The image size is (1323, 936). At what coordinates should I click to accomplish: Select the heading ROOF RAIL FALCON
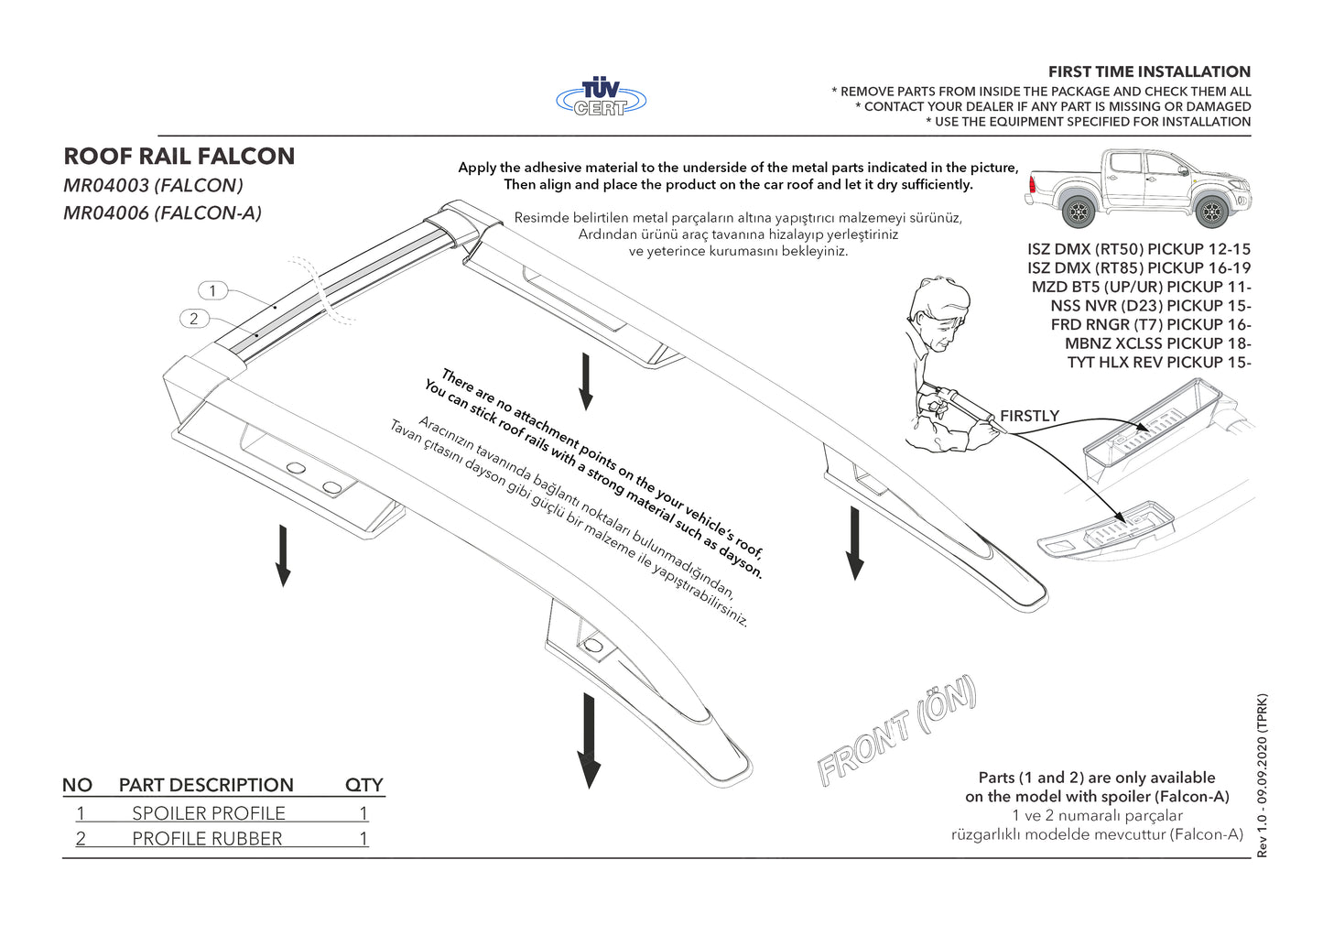coord(179,157)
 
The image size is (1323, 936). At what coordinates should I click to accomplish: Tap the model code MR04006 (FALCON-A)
coord(162,213)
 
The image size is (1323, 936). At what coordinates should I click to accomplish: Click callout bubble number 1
coord(212,291)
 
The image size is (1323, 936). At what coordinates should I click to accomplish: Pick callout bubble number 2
coord(193,319)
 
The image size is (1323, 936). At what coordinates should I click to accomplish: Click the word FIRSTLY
coord(1029,416)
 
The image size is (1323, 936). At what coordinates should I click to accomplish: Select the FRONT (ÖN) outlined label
coord(897,732)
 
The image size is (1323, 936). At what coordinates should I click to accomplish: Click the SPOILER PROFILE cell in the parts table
coord(209,813)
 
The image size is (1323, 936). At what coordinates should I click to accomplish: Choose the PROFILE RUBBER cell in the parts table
coord(207,839)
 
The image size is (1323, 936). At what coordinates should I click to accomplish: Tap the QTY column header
coord(363,785)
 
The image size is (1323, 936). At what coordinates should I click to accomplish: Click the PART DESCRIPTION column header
coord(206,785)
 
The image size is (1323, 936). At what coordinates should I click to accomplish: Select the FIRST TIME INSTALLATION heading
coord(1149,71)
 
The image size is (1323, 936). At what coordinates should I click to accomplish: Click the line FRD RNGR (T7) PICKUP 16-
coord(1151,325)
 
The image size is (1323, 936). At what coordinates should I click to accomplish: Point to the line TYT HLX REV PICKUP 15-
coord(1159,363)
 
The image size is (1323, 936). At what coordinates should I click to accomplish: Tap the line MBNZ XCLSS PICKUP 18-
coord(1157,343)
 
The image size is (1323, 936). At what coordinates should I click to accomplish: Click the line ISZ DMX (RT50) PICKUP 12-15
coord(1139,249)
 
